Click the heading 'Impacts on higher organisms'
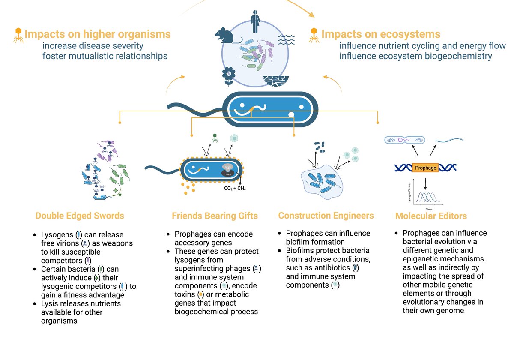point(98,34)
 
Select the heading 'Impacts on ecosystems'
point(381,34)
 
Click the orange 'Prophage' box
point(425,168)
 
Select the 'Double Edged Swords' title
point(80,216)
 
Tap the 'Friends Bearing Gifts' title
point(215,216)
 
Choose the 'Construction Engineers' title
point(326,216)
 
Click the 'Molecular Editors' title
point(431,216)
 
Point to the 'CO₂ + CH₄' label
point(235,189)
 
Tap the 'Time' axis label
point(429,209)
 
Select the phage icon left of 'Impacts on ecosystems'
point(314,36)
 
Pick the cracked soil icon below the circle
point(273,80)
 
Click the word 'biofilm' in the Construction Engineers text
point(297,242)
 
